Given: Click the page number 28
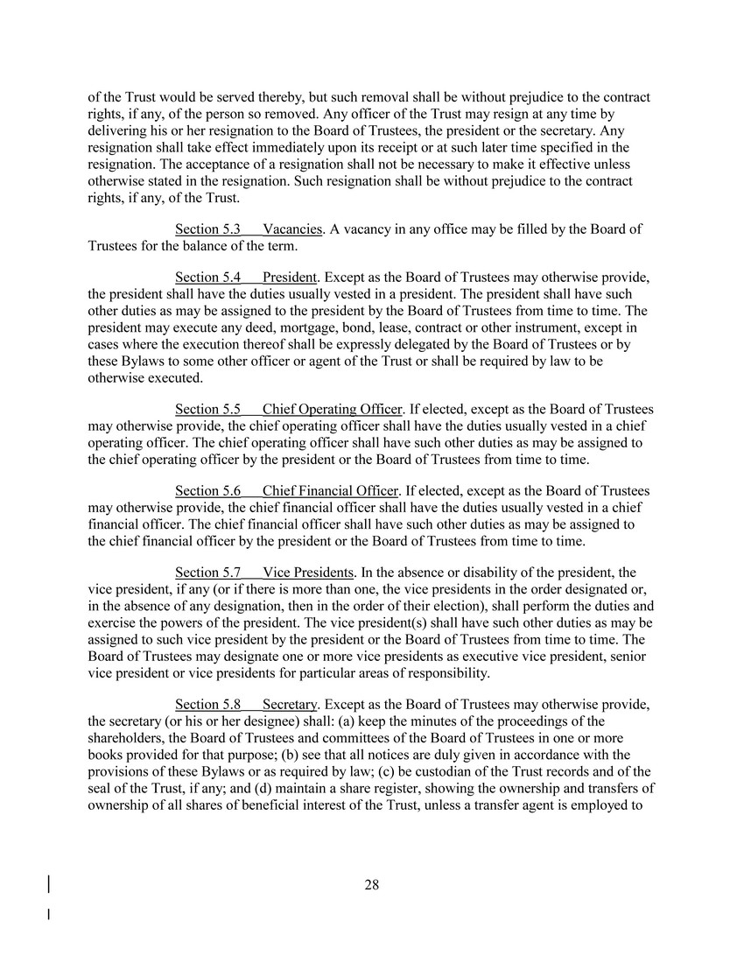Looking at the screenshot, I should tap(371, 885).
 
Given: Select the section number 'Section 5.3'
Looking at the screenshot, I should tap(207, 229).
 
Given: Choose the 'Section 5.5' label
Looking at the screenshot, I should tap(207, 410).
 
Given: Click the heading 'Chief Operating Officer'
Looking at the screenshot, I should tap(332, 410).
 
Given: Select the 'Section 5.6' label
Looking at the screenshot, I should tap(207, 491).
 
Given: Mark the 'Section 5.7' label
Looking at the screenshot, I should tap(207, 573).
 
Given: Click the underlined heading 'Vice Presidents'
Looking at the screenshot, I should tap(308, 573).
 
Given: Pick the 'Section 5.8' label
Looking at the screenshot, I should tap(207, 705).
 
